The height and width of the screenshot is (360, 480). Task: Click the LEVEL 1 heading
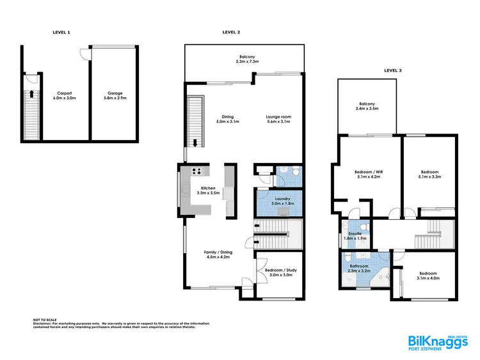click(61, 31)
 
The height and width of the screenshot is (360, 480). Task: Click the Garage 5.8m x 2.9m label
click(115, 95)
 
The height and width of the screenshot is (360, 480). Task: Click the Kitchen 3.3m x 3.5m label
click(208, 190)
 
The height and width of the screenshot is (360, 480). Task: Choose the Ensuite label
click(355, 236)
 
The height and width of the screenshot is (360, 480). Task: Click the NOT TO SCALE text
click(45, 319)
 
